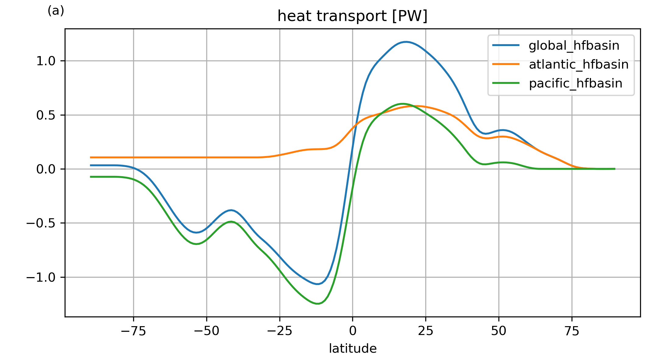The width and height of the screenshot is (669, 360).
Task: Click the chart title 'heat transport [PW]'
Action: pyautogui.click(x=352, y=16)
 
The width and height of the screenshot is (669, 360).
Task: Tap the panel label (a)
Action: pyautogui.click(x=56, y=11)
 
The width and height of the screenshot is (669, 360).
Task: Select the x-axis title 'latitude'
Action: pyautogui.click(x=352, y=348)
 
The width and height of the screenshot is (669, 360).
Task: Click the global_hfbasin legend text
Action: pyautogui.click(x=574, y=46)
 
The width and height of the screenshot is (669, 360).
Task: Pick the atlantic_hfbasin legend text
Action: pyautogui.click(x=579, y=65)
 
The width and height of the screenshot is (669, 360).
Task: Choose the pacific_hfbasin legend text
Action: pyautogui.click(x=575, y=84)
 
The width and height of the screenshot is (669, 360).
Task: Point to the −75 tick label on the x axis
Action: pyautogui.click(x=133, y=331)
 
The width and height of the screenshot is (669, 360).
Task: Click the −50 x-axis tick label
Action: pyautogui.click(x=207, y=331)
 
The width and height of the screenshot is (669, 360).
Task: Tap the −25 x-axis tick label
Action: pyautogui.click(x=280, y=331)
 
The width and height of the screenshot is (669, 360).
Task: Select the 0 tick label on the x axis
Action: pyautogui.click(x=352, y=331)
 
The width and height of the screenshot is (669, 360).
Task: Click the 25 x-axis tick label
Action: pyautogui.click(x=426, y=331)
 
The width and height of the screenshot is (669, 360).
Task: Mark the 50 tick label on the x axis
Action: pyautogui.click(x=499, y=331)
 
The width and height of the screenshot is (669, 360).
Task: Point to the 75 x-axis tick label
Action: pyautogui.click(x=572, y=331)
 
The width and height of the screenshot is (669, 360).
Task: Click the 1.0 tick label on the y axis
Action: pyautogui.click(x=46, y=61)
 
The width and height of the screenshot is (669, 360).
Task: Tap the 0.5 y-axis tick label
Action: pyautogui.click(x=46, y=115)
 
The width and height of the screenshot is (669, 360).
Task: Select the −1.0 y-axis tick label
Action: pyautogui.click(x=41, y=277)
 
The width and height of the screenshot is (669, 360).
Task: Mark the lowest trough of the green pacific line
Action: pyautogui.click(x=317, y=304)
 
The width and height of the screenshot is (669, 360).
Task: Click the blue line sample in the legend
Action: pyautogui.click(x=506, y=45)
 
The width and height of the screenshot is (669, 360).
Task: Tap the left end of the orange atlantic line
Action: pyautogui.click(x=91, y=157)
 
